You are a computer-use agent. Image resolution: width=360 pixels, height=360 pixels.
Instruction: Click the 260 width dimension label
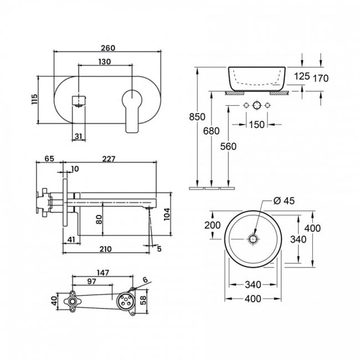108,48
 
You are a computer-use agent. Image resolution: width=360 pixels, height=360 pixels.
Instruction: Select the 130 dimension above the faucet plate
105,62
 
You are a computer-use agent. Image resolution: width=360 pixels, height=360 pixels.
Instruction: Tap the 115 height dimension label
34,99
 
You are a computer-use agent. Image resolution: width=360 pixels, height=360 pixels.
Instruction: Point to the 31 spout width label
78,136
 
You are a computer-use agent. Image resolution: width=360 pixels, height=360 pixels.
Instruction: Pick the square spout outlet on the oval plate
79,101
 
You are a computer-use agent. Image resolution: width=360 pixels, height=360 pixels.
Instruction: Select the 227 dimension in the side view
109,159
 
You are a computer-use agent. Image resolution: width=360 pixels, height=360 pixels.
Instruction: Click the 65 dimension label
49,158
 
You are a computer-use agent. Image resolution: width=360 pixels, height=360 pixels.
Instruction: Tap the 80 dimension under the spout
99,219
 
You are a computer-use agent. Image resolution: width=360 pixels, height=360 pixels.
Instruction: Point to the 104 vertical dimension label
167,214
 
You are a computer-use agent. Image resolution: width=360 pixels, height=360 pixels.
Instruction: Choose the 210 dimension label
105,249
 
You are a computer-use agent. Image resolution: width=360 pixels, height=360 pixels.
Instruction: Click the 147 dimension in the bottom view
102,272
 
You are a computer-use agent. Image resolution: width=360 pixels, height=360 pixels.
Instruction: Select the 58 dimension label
143,300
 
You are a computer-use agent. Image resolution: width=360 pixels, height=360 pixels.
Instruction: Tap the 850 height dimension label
197,117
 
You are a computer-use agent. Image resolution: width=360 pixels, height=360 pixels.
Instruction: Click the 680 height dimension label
211,131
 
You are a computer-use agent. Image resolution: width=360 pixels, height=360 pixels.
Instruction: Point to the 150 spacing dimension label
256,125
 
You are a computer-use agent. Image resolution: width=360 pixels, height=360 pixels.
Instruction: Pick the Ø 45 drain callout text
284,200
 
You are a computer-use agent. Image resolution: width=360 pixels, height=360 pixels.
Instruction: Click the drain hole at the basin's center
253,239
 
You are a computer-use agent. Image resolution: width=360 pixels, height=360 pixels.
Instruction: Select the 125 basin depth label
302,76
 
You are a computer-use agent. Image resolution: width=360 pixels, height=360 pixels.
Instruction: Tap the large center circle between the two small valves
256,105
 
